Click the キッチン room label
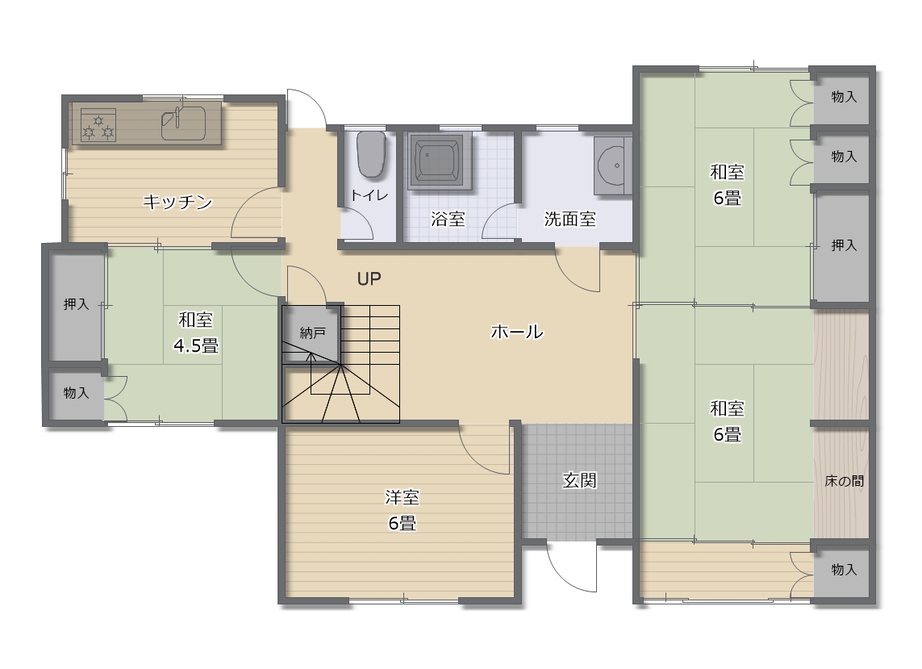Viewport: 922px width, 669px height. tap(177, 203)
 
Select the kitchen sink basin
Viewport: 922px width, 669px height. tap(183, 123)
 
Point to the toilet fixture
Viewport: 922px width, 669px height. tap(371, 154)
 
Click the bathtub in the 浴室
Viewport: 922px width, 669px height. tap(439, 161)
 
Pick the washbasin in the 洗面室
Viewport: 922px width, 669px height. tap(613, 165)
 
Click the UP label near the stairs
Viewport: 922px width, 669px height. tap(369, 279)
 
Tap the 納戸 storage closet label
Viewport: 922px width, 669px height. tap(312, 333)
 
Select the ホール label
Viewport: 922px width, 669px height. tap(517, 332)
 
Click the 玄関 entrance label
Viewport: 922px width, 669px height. tap(580, 481)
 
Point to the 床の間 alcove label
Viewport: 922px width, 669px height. tap(844, 481)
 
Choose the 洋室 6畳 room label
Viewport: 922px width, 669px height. tap(403, 510)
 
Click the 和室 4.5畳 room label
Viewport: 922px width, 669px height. tap(196, 332)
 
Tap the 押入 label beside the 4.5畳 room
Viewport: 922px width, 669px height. tap(77, 304)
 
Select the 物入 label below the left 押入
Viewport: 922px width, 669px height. tap(77, 392)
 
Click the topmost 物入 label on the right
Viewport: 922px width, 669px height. tap(844, 97)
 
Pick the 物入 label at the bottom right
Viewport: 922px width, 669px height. tap(844, 570)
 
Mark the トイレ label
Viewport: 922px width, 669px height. tap(369, 194)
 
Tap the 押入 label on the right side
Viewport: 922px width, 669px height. tap(844, 245)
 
